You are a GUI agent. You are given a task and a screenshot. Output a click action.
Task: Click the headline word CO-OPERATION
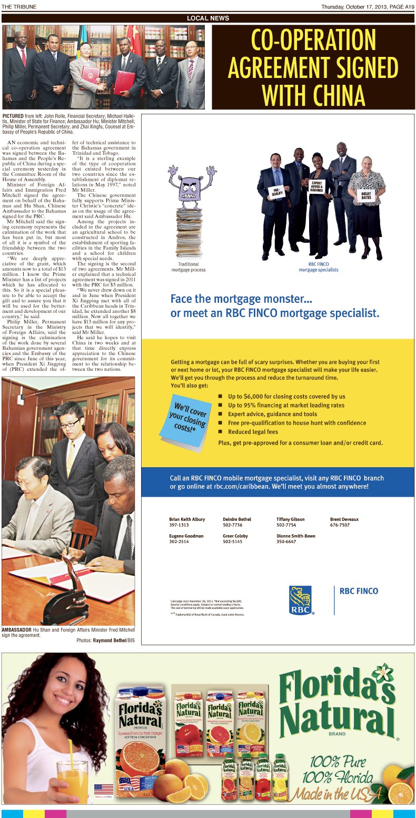pos(313,40)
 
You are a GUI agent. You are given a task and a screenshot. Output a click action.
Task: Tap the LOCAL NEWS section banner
pos(208,18)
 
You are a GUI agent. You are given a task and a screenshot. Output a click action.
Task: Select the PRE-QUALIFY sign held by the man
pos(278,192)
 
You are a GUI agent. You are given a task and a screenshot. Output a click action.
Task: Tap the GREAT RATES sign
pos(367,195)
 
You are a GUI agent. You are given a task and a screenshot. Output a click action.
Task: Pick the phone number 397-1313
pos(179,525)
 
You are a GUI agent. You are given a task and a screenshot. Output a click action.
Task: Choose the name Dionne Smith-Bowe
pos(296,536)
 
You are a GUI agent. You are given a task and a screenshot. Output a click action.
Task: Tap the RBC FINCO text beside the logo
pos(359,591)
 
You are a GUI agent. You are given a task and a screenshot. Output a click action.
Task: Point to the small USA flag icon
pos(103,789)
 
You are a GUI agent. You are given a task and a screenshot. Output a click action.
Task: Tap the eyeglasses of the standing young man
pos(70,423)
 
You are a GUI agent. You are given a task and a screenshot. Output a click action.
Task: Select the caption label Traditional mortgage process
pos(188,267)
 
